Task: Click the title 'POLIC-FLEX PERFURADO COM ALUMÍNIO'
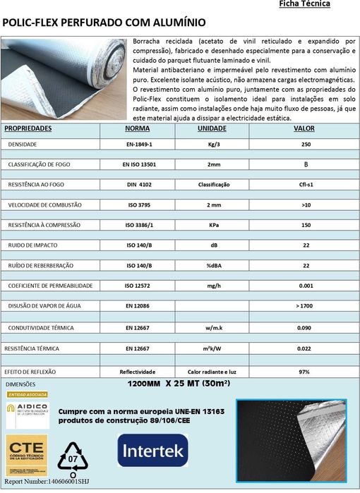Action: (x=104, y=23)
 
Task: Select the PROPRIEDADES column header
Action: (x=28, y=129)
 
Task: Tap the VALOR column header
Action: (x=304, y=129)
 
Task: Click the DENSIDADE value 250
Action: (x=306, y=144)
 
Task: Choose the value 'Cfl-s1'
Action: (x=306, y=185)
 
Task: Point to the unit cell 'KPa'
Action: (x=213, y=226)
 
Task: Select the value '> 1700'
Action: (x=306, y=308)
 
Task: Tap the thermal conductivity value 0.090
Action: (x=306, y=328)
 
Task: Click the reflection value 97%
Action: (x=305, y=371)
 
